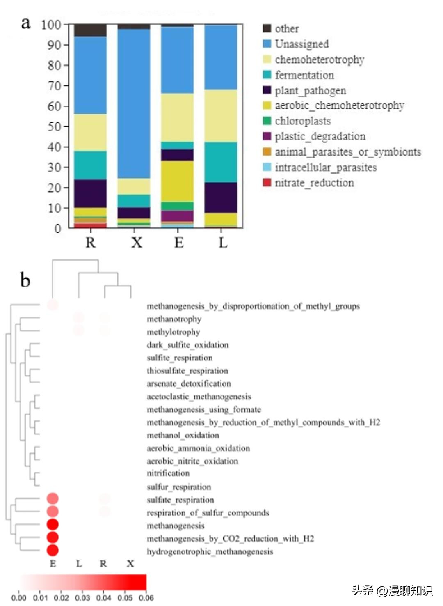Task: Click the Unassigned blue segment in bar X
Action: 134,103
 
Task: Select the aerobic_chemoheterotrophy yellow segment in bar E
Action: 177,181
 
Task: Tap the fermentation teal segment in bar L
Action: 221,162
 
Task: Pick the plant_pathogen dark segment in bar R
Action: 90,193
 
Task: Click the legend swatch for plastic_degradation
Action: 267,136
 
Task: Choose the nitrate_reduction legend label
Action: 314,183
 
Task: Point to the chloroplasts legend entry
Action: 302,121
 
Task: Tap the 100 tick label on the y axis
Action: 51,25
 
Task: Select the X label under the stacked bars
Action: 137,243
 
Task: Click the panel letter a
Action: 26,23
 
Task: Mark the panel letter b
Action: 25,280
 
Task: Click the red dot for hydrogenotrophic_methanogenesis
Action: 53,550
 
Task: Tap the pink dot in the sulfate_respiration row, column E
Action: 53,498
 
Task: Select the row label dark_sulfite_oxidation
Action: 187,345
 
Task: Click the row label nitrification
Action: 168,473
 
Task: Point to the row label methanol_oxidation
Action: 183,435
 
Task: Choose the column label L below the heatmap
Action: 79,564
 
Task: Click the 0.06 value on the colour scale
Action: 146,598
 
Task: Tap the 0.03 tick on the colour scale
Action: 82,598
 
